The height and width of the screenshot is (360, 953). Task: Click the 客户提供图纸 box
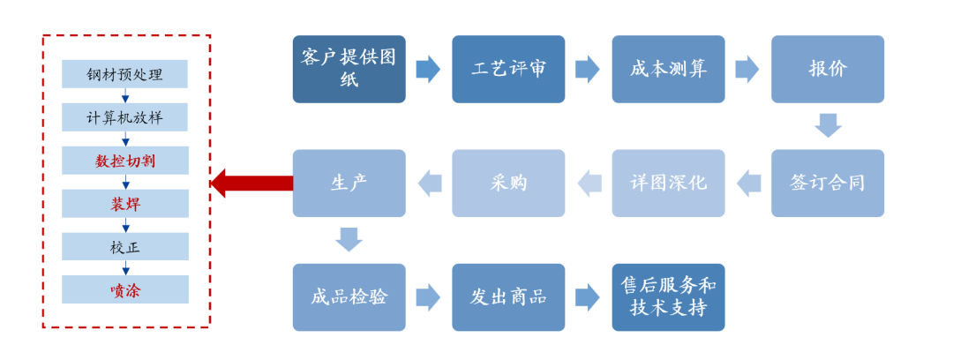click(x=349, y=69)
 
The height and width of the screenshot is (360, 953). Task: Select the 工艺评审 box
click(x=508, y=69)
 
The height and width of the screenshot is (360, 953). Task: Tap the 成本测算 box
click(x=668, y=69)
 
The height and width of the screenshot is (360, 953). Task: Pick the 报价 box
click(x=828, y=69)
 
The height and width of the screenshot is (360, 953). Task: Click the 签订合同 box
click(x=828, y=184)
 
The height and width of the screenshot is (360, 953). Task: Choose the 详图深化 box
click(x=668, y=184)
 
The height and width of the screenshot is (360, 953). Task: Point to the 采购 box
click(x=508, y=184)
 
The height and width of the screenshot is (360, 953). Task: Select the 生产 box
click(x=349, y=184)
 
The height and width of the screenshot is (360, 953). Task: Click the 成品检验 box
click(x=349, y=297)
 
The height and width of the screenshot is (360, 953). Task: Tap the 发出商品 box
click(x=508, y=297)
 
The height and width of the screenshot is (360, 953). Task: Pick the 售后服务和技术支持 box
click(x=668, y=297)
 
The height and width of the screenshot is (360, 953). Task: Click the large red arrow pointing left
click(x=251, y=184)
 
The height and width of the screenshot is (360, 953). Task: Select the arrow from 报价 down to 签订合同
click(x=828, y=125)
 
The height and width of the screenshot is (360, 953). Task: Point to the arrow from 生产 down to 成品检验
click(x=349, y=239)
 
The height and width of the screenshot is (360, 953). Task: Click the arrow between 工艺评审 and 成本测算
click(x=588, y=69)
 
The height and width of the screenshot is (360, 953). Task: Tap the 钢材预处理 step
click(x=124, y=74)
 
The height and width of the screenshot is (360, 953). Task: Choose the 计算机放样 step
click(x=124, y=117)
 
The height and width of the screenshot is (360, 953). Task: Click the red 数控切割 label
click(x=124, y=161)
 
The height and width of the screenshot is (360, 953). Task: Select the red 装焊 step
click(x=124, y=204)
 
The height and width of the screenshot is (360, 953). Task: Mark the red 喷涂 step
click(x=124, y=290)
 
